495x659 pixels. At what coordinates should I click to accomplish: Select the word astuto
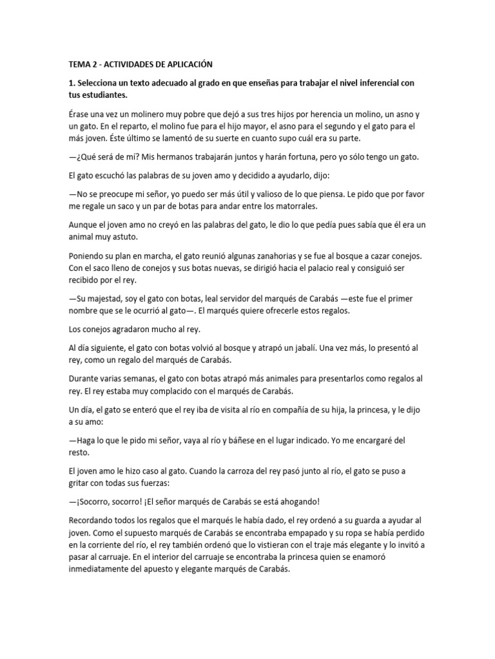125,237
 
